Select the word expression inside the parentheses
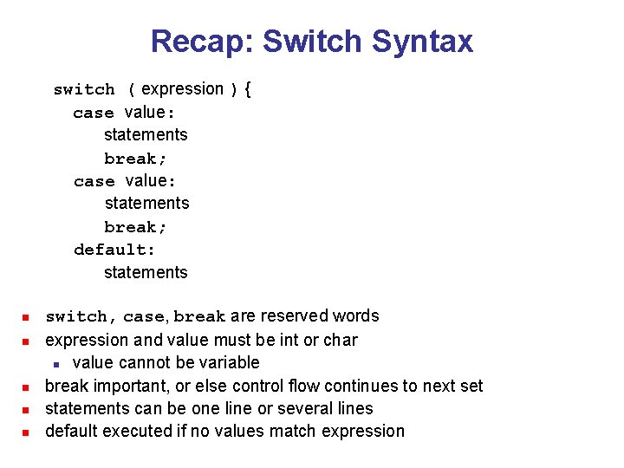pyautogui.click(x=182, y=89)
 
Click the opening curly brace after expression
pyautogui.click(x=248, y=89)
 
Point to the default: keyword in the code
pyautogui.click(x=114, y=250)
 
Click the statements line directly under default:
pyautogui.click(x=146, y=272)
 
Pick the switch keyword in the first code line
pyautogui.click(x=84, y=89)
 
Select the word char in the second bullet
pyautogui.click(x=341, y=340)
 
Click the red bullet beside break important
pyautogui.click(x=27, y=387)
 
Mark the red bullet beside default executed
pyautogui.click(x=27, y=432)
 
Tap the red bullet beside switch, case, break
pyautogui.click(x=27, y=317)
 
